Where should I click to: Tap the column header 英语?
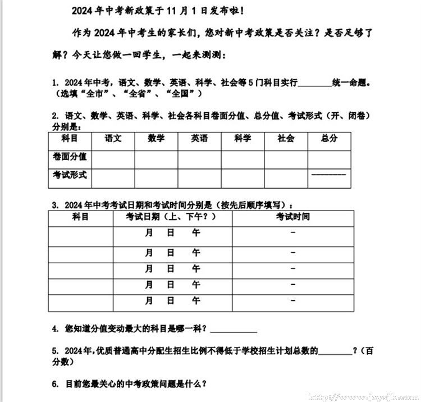pos(199,138)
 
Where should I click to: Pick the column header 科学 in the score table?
pos(242,138)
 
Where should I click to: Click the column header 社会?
pos(286,138)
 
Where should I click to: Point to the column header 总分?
pos(330,138)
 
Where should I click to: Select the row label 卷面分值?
pos(70,157)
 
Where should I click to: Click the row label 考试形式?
pos(70,175)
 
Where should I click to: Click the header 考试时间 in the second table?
pos(292,217)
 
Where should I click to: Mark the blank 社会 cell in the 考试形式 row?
pos(286,177)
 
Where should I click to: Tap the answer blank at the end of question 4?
pos(233,330)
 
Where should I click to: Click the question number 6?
pos(54,385)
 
